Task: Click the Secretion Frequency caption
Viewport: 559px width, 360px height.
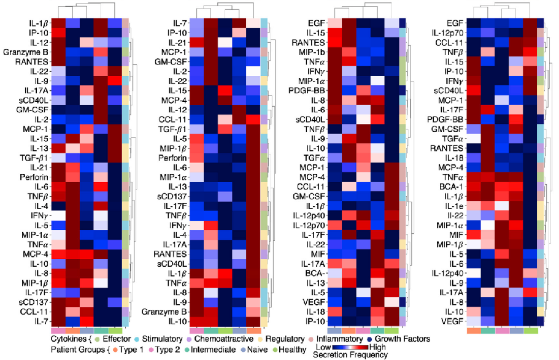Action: click(349, 355)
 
